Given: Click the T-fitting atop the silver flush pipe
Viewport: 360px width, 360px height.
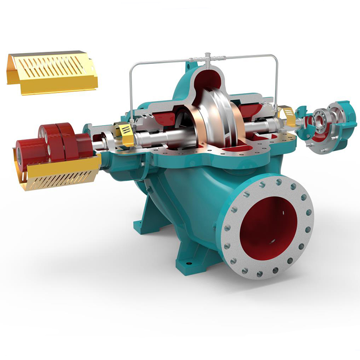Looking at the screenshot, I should (207, 58).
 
